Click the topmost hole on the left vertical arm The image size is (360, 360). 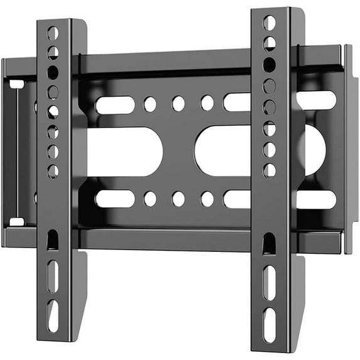click(53, 33)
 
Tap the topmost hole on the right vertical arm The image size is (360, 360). click(269, 23)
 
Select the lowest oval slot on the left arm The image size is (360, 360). click(53, 315)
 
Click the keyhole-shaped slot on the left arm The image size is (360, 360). click(53, 240)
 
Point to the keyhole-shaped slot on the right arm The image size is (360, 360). click(269, 243)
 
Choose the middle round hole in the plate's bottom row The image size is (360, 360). click(178, 199)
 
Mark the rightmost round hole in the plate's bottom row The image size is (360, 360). click(207, 199)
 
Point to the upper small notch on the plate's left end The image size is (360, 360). click(17, 84)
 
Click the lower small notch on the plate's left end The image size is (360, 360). click(17, 221)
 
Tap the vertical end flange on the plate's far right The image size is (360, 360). click(347, 150)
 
